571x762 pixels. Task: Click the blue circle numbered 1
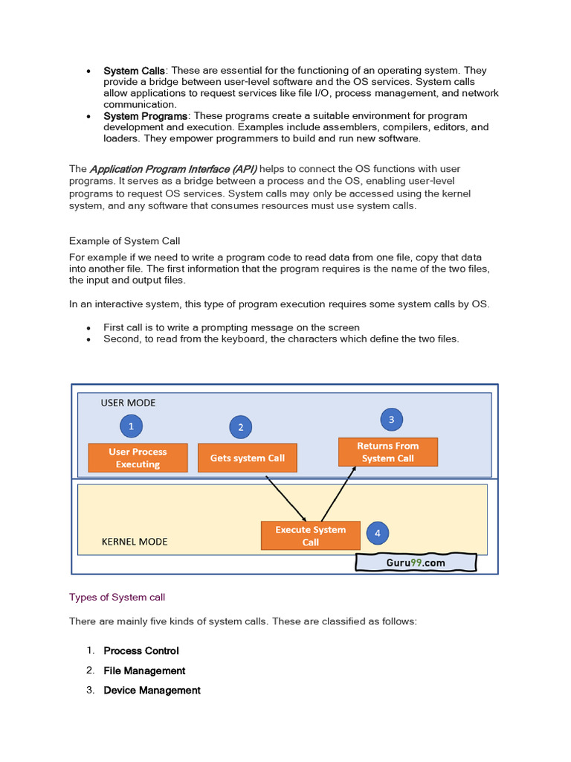131,426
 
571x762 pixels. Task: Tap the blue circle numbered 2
241,427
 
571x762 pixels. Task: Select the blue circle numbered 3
392,420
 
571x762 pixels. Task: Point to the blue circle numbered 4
378,533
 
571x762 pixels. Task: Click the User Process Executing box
138,458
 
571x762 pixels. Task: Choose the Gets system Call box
247,458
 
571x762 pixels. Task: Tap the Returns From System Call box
387,452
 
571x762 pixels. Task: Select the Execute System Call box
310,536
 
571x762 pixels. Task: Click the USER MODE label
129,403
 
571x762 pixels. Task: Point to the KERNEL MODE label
135,542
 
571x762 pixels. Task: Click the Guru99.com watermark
416,563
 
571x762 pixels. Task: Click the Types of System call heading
117,597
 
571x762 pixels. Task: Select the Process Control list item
141,650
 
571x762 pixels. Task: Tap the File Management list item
144,670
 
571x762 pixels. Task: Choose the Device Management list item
152,691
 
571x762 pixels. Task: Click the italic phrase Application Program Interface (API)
173,169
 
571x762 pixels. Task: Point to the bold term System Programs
146,115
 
